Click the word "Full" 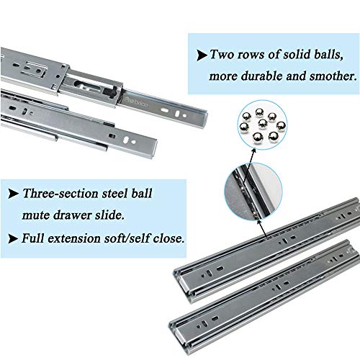tap(36, 236)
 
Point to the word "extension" tap(81, 236)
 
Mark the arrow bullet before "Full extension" tap(13, 236)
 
